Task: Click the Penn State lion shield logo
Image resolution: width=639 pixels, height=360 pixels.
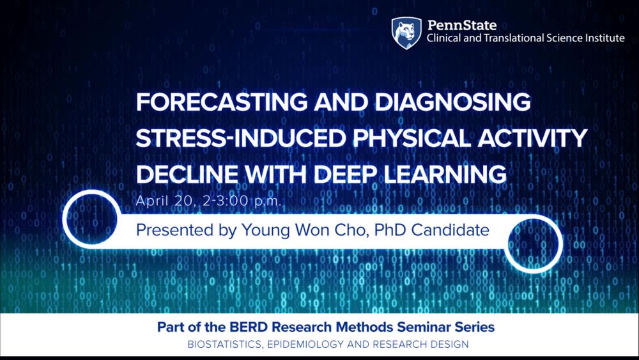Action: click(406, 33)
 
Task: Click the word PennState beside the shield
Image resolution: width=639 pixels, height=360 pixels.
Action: click(462, 26)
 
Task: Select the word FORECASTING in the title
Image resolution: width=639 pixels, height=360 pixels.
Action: click(222, 102)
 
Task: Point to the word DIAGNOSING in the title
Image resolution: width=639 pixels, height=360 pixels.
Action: click(453, 102)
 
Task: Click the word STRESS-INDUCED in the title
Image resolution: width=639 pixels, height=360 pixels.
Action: click(241, 138)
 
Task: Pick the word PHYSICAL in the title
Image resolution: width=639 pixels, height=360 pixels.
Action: click(411, 138)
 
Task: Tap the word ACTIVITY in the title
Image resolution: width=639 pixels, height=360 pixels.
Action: click(532, 138)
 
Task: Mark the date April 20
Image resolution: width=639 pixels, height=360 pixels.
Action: click(166, 201)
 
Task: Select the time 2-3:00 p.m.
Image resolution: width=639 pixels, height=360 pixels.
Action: click(242, 201)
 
